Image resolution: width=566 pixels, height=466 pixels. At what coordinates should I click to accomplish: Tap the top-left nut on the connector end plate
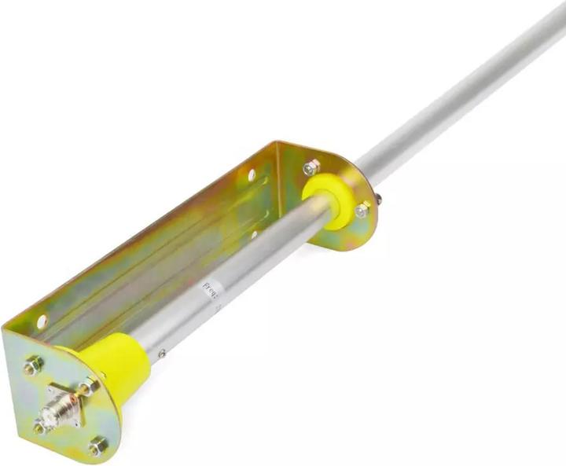pos(31,365)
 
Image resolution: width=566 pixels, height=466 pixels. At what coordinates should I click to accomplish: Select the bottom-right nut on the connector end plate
pos(97,447)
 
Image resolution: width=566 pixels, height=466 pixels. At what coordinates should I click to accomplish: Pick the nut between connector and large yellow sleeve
pos(89,387)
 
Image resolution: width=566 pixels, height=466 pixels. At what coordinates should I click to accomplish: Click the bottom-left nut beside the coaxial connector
pos(39,427)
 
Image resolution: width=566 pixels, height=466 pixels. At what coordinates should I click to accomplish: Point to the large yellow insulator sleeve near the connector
pos(116,365)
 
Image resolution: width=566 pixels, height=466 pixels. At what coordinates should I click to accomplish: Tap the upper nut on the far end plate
pos(312,167)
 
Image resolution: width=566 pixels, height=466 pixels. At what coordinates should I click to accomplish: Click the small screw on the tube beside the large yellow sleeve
pos(162,354)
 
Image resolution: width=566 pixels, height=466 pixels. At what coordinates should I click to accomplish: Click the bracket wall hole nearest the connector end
pos(41,321)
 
